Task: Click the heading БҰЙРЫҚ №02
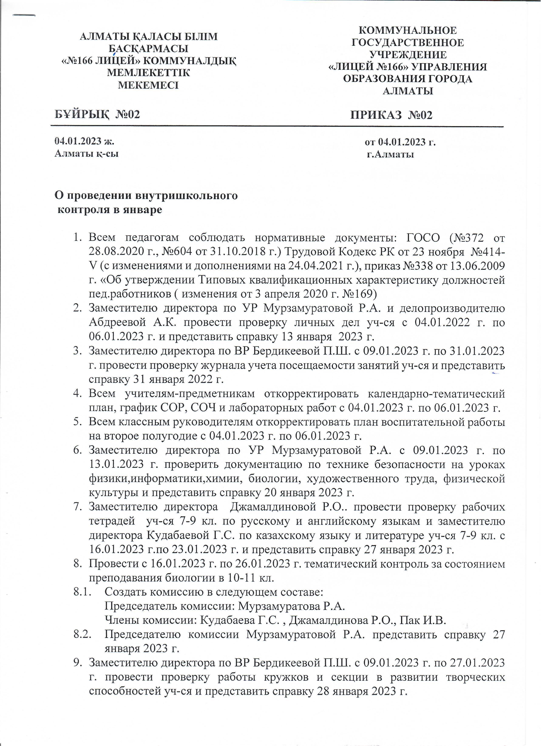(97, 114)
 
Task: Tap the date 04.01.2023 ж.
(84, 141)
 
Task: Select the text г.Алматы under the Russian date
(390, 154)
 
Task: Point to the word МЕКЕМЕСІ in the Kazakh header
(148, 85)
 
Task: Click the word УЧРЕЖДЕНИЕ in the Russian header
(408, 55)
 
